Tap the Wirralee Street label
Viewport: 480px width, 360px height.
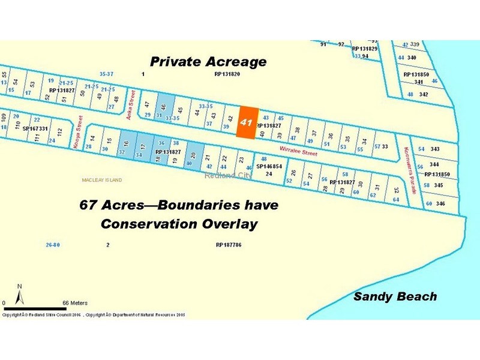click(x=299, y=152)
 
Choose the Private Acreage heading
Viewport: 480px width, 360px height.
click(x=208, y=62)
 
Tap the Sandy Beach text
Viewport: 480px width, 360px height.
click(x=395, y=296)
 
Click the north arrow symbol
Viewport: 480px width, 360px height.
click(x=19, y=294)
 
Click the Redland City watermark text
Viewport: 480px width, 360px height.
click(x=229, y=175)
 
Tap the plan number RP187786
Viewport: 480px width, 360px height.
click(x=228, y=245)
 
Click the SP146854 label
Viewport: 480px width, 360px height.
click(x=269, y=166)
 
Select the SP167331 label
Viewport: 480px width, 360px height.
click(x=35, y=128)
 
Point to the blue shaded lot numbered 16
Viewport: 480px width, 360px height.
click(x=125, y=145)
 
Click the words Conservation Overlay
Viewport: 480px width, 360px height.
click(x=179, y=224)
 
